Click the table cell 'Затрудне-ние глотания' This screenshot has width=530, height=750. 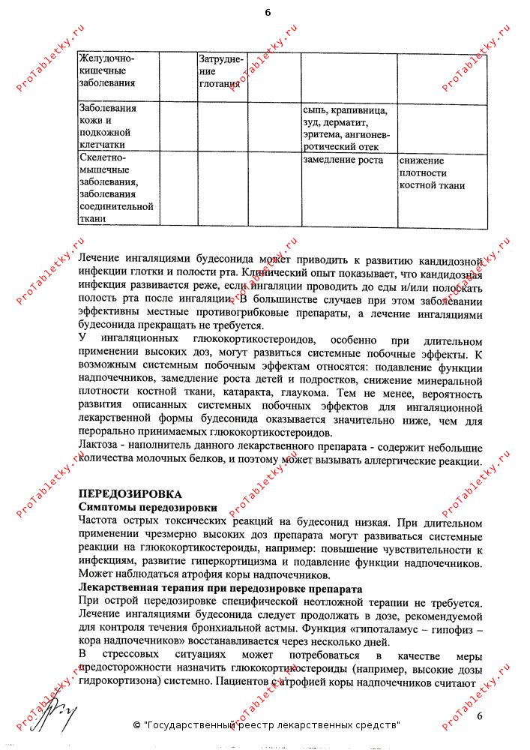pyautogui.click(x=220, y=70)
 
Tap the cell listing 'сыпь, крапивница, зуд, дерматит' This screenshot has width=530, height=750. pyautogui.click(x=346, y=127)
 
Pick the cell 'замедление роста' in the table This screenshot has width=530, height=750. pyautogui.click(x=343, y=160)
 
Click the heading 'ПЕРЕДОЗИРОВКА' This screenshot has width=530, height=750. pyautogui.click(x=130, y=494)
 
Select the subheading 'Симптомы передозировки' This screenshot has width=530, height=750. pyautogui.click(x=142, y=508)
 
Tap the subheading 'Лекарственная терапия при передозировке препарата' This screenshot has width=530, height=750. pyautogui.click(x=220, y=589)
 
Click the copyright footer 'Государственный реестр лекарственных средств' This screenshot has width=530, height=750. pyautogui.click(x=266, y=726)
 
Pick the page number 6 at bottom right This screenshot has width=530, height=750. pyautogui.click(x=480, y=716)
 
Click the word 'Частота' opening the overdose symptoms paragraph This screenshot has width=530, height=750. pyautogui.click(x=100, y=521)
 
